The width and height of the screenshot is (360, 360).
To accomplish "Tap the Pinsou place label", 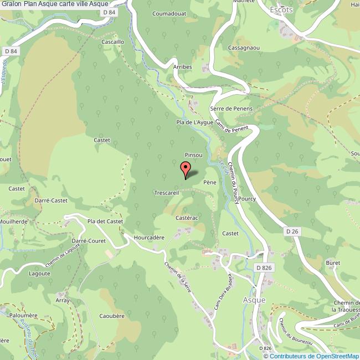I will (x=193, y=156).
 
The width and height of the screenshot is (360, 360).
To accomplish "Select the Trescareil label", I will (x=167, y=193).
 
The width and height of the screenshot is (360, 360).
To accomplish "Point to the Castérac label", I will (x=187, y=218).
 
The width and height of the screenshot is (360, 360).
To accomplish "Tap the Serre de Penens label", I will (x=231, y=109).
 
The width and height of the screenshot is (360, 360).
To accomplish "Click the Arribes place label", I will (x=182, y=66).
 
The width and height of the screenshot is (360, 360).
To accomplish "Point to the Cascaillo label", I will (x=113, y=42).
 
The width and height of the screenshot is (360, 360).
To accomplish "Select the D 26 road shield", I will (x=292, y=230).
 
